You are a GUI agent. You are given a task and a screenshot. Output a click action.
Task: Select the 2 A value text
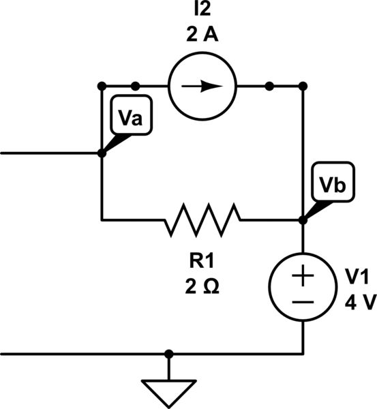[x=202, y=36]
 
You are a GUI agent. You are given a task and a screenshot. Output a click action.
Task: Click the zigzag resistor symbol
[x=202, y=219]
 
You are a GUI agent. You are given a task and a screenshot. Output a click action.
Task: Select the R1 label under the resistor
[x=202, y=261]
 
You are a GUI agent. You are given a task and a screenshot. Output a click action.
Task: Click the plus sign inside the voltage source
[x=303, y=277]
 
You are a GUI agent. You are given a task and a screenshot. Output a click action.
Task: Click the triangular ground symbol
[x=168, y=391]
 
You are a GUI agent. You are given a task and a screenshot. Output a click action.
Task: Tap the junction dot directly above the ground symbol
[x=168, y=354]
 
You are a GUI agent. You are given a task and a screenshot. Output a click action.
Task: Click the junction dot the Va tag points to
[x=102, y=153]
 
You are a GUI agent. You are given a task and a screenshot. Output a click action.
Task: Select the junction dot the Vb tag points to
[x=303, y=220]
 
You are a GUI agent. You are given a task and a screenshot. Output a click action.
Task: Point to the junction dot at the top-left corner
[x=102, y=86]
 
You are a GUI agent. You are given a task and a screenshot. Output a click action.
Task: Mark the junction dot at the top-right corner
[x=303, y=86]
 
